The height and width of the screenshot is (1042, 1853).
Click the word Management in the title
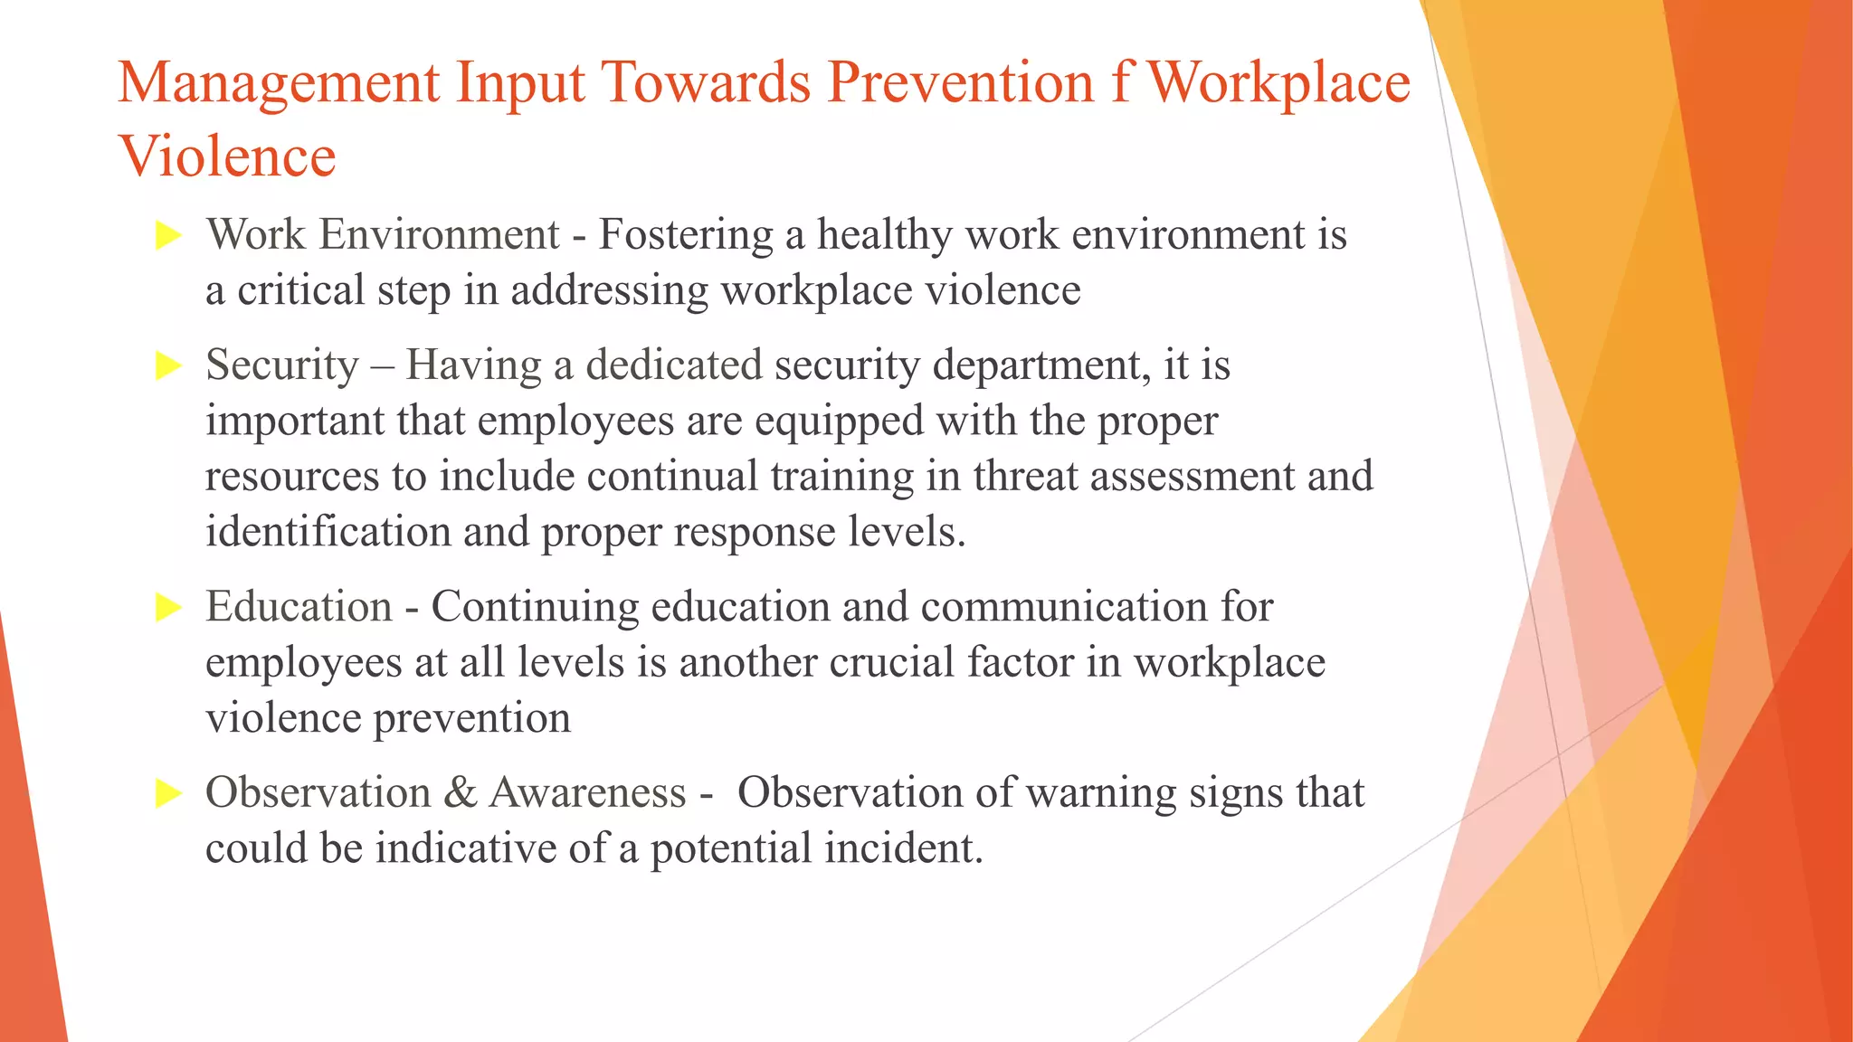point(279,84)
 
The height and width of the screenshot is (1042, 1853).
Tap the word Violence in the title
point(227,156)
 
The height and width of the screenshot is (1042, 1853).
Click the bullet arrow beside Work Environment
point(168,236)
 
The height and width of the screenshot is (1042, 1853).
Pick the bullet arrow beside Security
point(168,366)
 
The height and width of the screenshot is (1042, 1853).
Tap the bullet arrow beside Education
point(168,608)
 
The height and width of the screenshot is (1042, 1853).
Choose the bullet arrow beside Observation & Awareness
point(168,794)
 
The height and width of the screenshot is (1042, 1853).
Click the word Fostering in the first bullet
point(686,235)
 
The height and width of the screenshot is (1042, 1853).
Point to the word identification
point(328,532)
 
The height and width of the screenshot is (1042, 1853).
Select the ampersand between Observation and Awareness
point(461,793)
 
